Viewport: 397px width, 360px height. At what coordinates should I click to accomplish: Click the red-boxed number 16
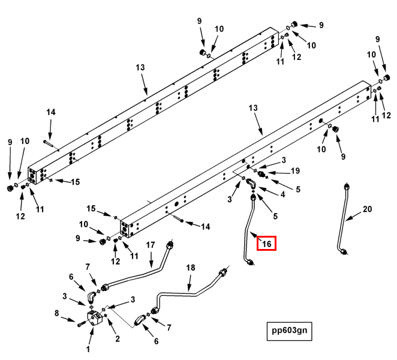tap(266, 244)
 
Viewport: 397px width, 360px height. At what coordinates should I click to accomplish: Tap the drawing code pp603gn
tap(290, 331)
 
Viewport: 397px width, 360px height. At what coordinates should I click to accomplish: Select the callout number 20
tap(367, 209)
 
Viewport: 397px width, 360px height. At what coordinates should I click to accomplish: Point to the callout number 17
tap(151, 245)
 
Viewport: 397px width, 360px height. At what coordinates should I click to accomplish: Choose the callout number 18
tap(191, 268)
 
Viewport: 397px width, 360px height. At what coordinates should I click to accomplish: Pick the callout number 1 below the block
tap(88, 349)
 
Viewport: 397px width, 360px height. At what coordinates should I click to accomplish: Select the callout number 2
tap(118, 338)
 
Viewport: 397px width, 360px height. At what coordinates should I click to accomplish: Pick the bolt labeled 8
tap(82, 323)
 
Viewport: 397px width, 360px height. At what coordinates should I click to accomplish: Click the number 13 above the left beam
tap(140, 68)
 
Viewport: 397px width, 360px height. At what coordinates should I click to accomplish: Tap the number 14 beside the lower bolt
tap(206, 227)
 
